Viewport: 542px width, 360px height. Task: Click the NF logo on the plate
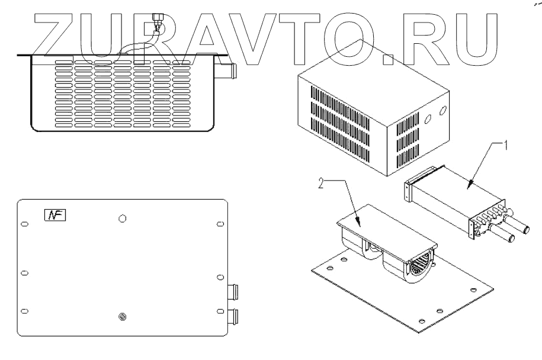[x=56, y=215]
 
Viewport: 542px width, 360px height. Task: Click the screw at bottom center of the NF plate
[x=122, y=318]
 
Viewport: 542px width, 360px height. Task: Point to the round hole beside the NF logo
[x=122, y=218]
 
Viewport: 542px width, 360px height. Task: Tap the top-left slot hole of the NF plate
[x=24, y=224]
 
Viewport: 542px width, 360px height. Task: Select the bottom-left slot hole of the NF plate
[x=24, y=311]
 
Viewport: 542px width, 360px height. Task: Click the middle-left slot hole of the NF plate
[x=24, y=273]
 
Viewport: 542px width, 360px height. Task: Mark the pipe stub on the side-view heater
[x=232, y=72]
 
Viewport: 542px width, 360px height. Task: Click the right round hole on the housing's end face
[x=442, y=111]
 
